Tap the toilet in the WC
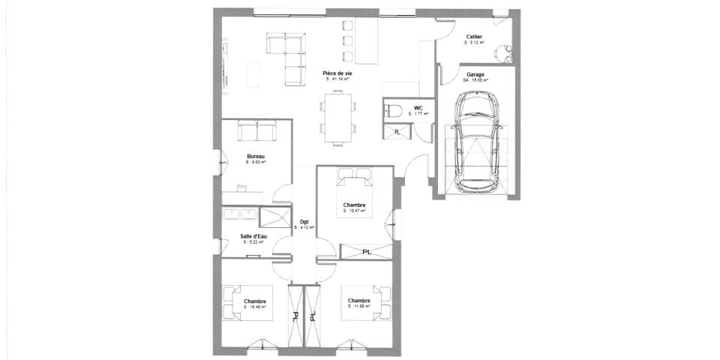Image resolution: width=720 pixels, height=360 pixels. tap(394, 112)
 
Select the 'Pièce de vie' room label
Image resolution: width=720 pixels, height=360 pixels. tap(337, 73)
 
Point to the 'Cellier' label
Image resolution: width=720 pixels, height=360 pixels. tap(474, 37)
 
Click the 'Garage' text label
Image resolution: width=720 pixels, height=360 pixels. tap(475, 75)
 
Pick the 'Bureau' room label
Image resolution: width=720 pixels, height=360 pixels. tap(256, 157)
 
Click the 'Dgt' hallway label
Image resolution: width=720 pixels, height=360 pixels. tap(304, 221)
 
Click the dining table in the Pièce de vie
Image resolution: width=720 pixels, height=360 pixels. tap(338, 117)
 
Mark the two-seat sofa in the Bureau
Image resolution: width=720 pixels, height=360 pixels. tap(256, 131)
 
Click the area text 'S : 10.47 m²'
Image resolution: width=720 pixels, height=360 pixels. tap(354, 211)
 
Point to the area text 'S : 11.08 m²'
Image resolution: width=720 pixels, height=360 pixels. tap(358, 307)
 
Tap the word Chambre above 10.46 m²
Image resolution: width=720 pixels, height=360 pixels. tap(255, 301)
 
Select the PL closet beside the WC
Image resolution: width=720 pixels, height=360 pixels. tap(397, 132)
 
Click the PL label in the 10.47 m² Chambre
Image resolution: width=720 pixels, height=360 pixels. tap(366, 252)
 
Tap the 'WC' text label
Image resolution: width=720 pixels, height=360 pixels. tap(418, 108)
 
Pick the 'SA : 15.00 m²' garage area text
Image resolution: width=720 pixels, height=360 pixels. tap(475, 81)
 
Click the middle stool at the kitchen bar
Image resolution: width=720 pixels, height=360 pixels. tap(347, 40)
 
